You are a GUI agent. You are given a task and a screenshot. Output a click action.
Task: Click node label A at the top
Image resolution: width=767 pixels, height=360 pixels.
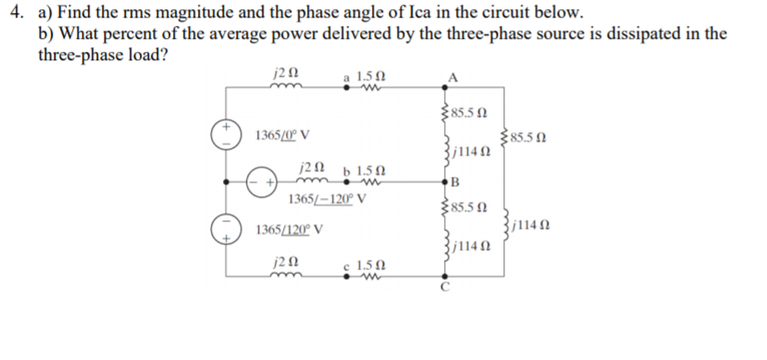453,76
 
